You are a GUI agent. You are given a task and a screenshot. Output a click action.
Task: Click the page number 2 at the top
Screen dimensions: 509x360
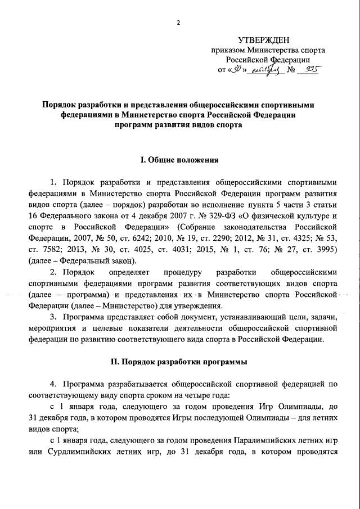pos(179,22)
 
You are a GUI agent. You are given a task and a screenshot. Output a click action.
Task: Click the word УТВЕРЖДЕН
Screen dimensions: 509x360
pos(264,39)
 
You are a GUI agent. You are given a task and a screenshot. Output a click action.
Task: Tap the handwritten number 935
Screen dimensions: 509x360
pos(310,70)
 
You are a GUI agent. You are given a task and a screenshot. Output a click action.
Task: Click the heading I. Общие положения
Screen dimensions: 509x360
pos(179,160)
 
